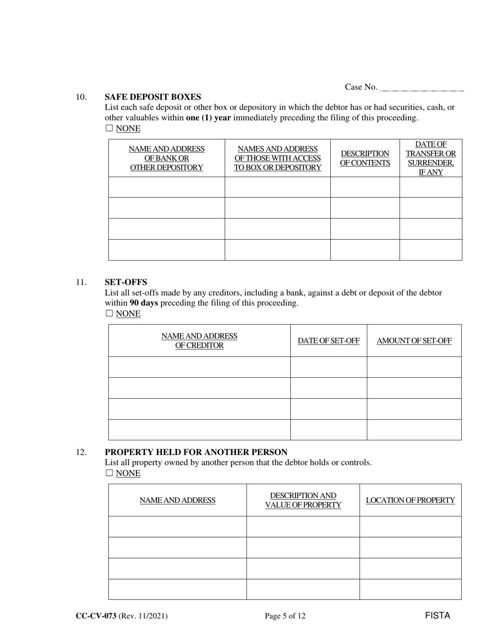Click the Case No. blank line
422,89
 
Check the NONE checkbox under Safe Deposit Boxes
109,128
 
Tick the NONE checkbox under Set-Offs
109,314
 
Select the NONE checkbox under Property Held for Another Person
109,473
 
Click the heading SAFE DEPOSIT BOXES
153,97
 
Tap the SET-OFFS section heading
126,282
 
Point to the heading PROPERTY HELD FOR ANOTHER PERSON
196,452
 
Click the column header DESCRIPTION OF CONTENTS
365,158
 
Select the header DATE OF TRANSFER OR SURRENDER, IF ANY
430,158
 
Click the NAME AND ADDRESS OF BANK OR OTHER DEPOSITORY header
166,158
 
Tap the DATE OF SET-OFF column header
328,341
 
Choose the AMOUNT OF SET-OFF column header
414,341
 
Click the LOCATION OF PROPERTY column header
410,500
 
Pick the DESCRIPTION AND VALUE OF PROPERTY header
303,500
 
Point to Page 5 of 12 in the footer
285,616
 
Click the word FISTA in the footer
437,615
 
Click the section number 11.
81,282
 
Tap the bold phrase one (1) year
208,118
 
